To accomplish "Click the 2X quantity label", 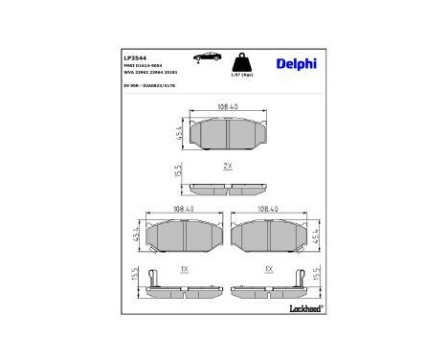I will coord(228,167).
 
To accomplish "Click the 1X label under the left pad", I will coord(180,269).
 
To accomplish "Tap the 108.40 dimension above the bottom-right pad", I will coord(269,208).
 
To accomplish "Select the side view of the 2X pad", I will coord(227,187).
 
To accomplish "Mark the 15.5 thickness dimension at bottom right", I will coord(317,276).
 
